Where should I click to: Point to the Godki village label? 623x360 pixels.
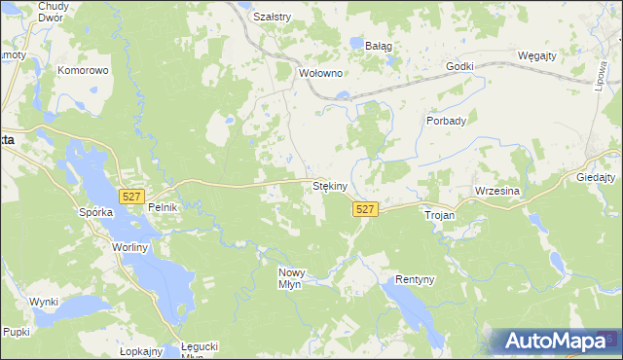point(459,66)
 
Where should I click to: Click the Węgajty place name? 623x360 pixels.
point(537,55)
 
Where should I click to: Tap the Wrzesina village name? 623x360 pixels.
point(498,192)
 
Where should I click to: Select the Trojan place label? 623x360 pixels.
point(440,214)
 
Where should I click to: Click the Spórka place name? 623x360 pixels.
point(97,211)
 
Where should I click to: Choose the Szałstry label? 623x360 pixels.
point(272,17)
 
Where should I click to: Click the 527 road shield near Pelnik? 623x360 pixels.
point(132,197)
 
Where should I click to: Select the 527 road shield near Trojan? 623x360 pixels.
point(365,210)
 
